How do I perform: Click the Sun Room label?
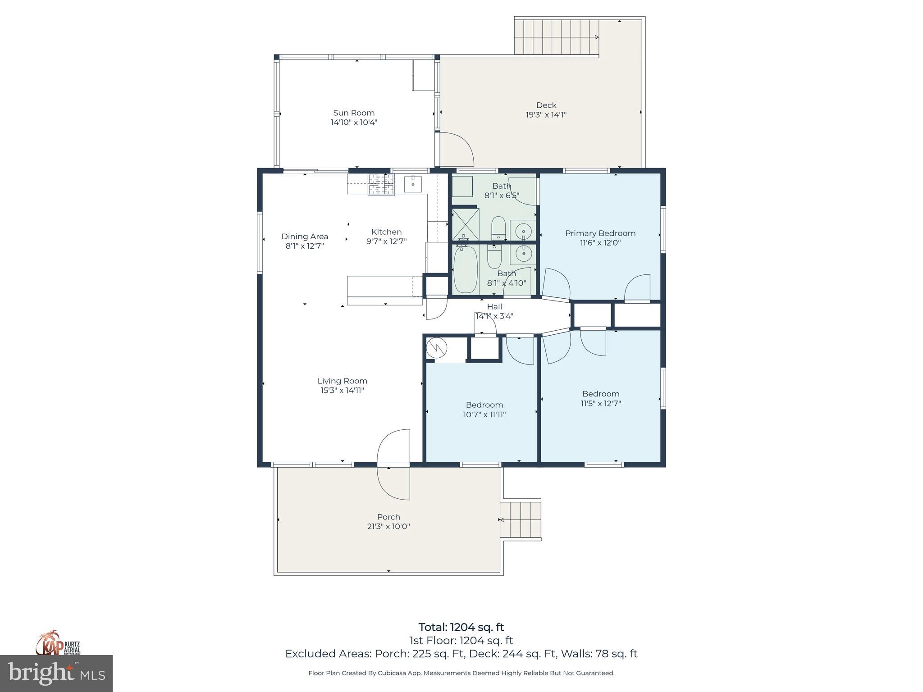coord(354,113)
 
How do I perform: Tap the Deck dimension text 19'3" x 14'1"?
coord(546,115)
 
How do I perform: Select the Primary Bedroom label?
coord(600,233)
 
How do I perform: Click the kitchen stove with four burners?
coord(381,184)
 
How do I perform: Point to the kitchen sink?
coord(413,184)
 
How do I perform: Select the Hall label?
coord(494,306)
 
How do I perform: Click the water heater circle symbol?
coord(437,348)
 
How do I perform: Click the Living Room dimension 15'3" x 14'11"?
coord(342,391)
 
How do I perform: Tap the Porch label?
coord(388,517)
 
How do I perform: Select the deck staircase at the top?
coord(557,37)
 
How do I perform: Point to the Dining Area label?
coord(305,236)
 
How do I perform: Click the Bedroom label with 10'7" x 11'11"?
coord(484,405)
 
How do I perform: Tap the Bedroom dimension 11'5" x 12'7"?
coord(601,404)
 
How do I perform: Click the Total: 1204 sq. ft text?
coord(461,627)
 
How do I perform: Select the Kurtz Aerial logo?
coord(58,642)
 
